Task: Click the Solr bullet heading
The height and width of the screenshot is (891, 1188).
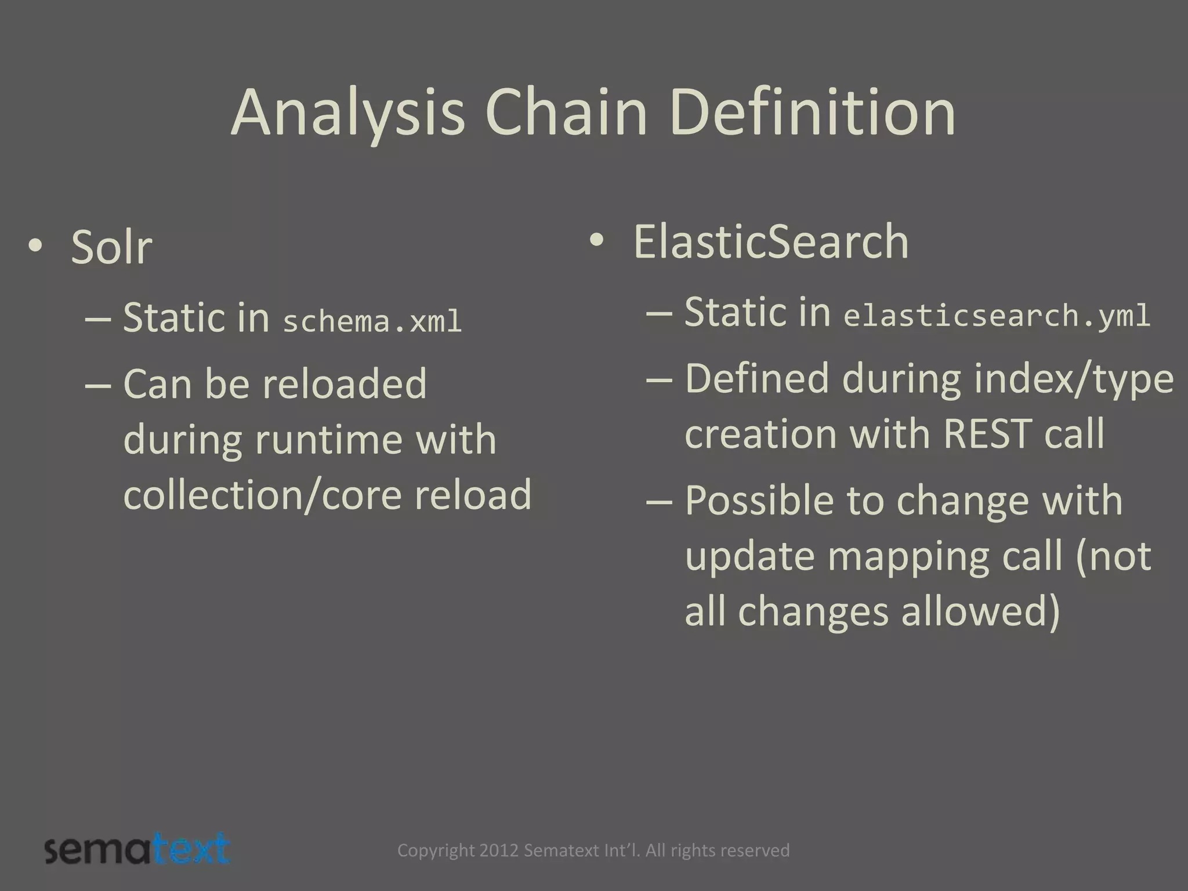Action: point(111,248)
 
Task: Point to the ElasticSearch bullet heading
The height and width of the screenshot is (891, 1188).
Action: point(770,242)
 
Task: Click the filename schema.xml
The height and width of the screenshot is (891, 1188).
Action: point(372,321)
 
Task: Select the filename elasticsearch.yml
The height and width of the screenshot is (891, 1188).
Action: point(996,316)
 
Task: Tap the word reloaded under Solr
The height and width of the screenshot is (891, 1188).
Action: point(345,384)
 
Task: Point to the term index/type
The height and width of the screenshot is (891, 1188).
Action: point(1074,378)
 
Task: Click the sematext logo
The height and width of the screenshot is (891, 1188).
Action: point(137,850)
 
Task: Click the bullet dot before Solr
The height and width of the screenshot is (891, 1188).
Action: point(35,245)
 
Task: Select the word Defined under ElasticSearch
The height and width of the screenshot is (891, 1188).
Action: point(757,378)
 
